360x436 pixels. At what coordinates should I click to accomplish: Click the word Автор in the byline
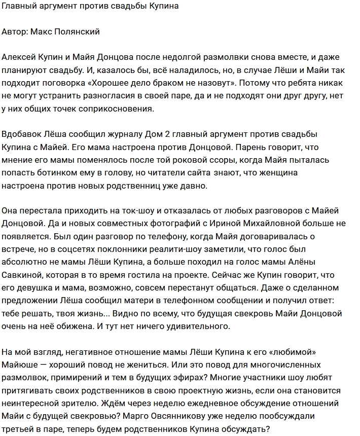point(15,31)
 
